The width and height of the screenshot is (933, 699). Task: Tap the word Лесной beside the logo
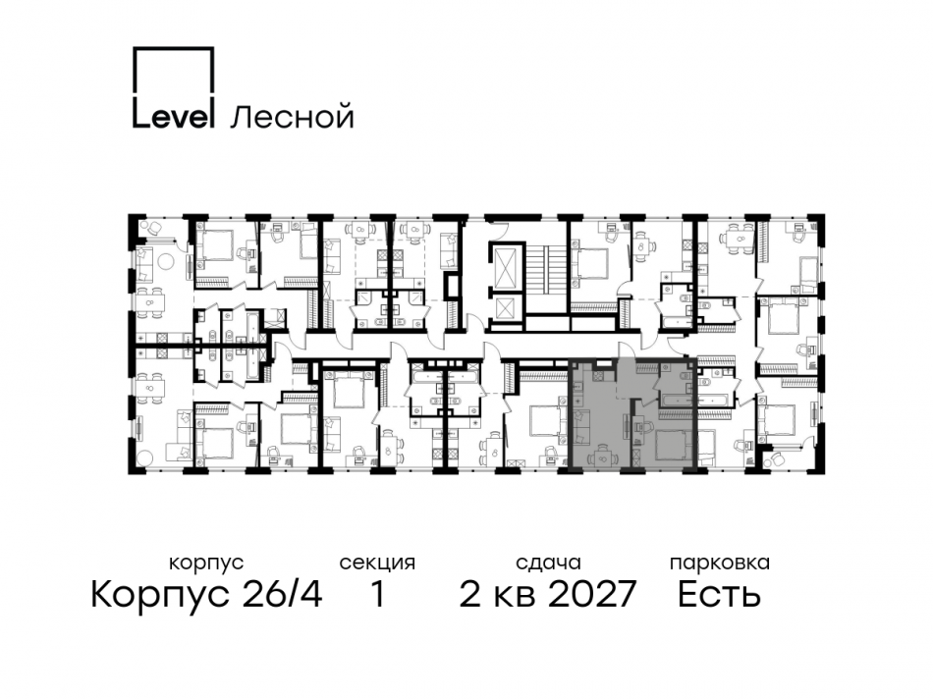(291, 118)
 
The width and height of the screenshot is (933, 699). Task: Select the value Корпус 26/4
(206, 594)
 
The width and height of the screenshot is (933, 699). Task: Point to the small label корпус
(206, 564)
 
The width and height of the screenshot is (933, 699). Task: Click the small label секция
(377, 564)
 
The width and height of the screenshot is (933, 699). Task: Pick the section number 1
(377, 594)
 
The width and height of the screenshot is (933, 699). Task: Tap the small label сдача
(548, 564)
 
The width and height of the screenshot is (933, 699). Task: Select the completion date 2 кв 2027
(548, 594)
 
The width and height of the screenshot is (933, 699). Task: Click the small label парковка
(719, 564)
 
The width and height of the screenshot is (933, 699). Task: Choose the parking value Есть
(719, 594)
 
